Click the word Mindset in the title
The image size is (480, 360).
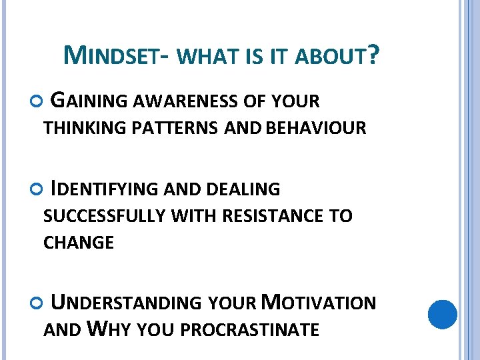[x=111, y=55]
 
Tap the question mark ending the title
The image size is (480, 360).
[x=373, y=55]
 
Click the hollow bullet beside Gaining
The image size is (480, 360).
[x=36, y=101]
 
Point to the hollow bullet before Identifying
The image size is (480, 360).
[x=36, y=189]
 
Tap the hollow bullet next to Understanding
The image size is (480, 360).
[x=36, y=303]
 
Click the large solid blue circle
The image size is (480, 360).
[x=443, y=315]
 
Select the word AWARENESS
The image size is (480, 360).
[x=185, y=101]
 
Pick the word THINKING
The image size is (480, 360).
[x=85, y=128]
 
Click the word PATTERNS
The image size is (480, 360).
[x=175, y=128]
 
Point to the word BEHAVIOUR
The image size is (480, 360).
[x=316, y=128]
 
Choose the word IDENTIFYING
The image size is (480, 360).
[x=104, y=189]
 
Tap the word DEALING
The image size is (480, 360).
[x=243, y=189]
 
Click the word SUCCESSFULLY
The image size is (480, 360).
[x=105, y=216]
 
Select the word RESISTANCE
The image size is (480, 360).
[x=273, y=216]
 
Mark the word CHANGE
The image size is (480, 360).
[x=79, y=243]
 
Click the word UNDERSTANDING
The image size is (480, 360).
[x=126, y=302]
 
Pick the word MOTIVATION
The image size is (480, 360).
[x=319, y=302]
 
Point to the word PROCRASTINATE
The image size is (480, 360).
[x=250, y=330]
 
